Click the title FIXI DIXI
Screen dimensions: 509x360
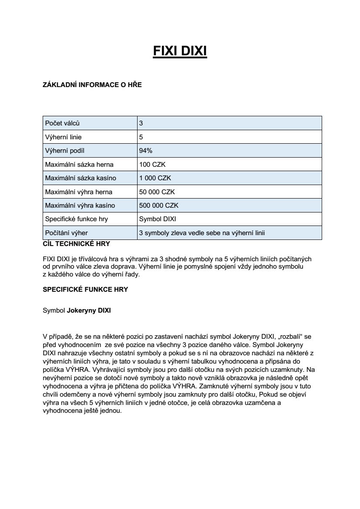180,51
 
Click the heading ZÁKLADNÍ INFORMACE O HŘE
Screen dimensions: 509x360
92,85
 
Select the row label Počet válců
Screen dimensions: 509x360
62,123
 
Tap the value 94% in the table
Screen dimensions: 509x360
145,151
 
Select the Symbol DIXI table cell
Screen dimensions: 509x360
158,219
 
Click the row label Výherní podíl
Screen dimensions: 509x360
65,151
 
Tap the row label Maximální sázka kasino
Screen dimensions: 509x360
81,178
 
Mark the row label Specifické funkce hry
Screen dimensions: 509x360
77,219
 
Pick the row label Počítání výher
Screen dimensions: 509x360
67,233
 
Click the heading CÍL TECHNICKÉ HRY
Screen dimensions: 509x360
76,243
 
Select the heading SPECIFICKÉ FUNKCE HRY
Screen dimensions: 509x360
85,289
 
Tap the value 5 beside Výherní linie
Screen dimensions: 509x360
141,137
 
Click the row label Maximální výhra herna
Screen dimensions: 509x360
79,192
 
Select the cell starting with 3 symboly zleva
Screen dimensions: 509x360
202,233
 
